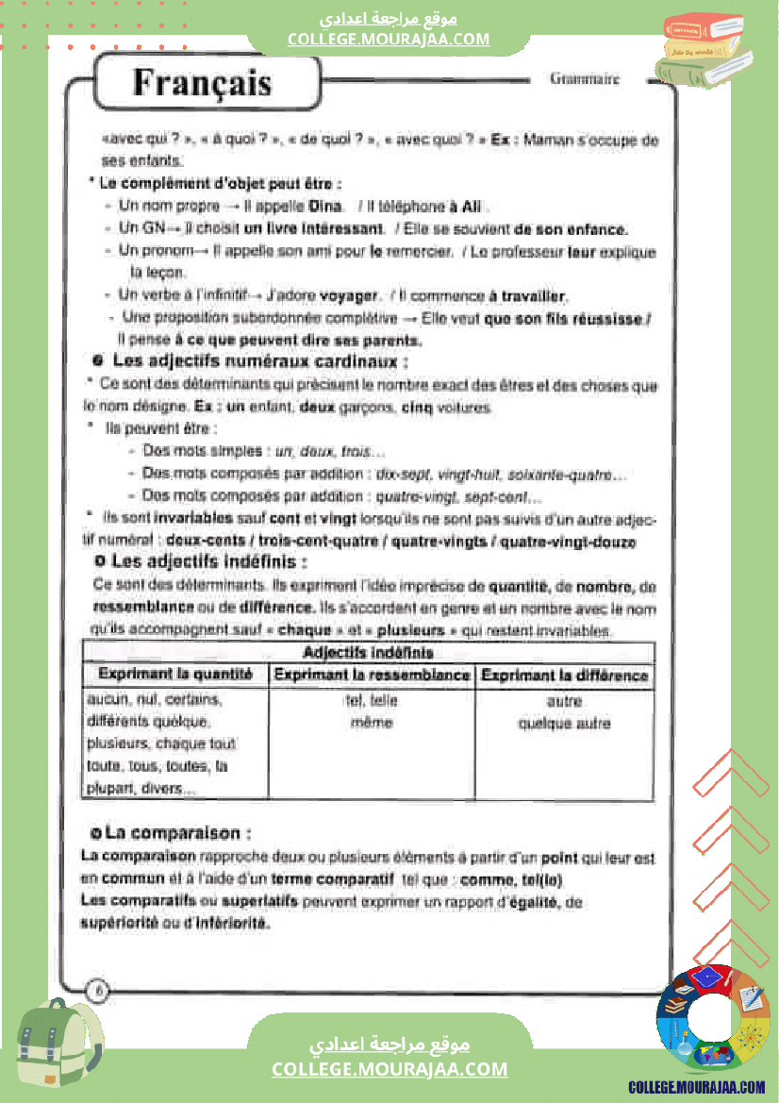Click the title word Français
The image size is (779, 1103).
[x=202, y=82]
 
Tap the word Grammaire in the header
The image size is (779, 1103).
[x=585, y=79]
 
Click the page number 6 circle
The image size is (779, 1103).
[x=98, y=990]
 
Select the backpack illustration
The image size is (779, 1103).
[x=59, y=1047]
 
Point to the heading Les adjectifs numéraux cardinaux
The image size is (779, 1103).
[x=260, y=361]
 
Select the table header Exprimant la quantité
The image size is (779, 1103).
[x=175, y=675]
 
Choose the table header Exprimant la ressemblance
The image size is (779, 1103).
[x=372, y=675]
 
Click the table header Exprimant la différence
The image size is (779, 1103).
[x=564, y=675]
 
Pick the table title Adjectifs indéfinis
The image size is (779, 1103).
[x=368, y=652]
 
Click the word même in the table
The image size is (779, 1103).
[x=371, y=723]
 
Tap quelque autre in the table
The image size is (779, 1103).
[x=564, y=724]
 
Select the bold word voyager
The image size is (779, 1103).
[x=349, y=295]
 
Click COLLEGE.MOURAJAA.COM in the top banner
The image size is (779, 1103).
[x=389, y=39]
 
